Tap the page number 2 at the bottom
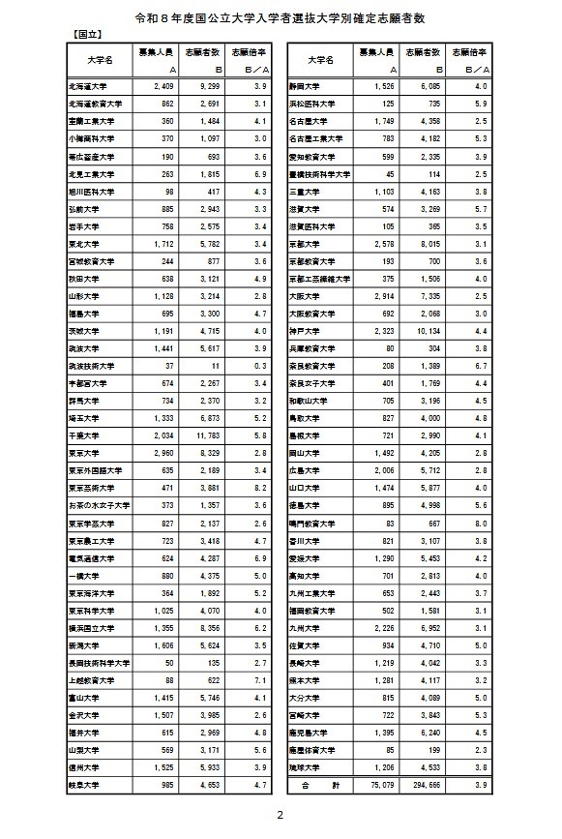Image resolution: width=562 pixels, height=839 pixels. point(281,816)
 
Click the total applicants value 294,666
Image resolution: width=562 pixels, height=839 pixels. point(424,785)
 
